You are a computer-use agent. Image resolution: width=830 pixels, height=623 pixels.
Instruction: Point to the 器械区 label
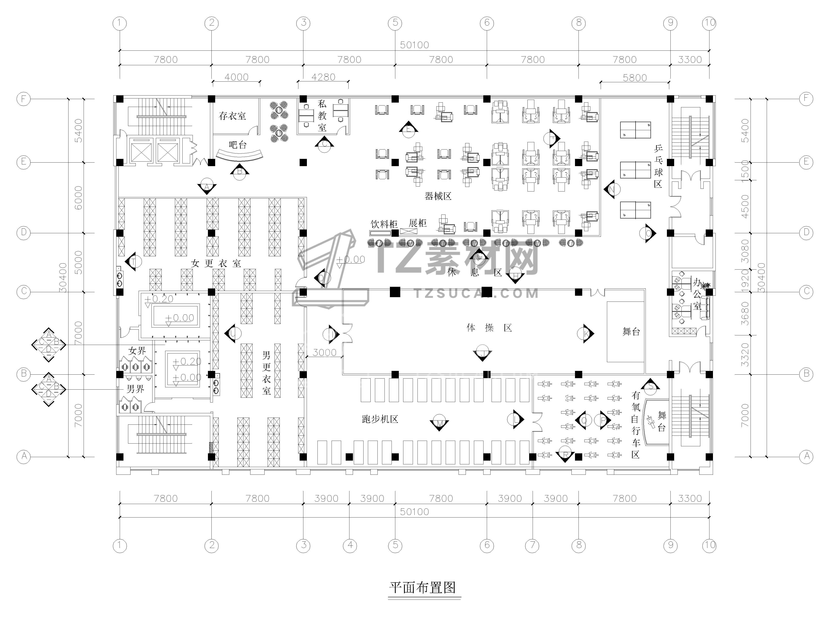(x=438, y=196)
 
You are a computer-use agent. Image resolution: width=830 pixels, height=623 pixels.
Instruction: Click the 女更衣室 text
(x=216, y=264)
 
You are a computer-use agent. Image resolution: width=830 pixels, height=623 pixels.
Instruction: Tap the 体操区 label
(x=489, y=328)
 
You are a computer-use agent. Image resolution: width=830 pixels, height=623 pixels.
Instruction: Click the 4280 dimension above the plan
(x=323, y=77)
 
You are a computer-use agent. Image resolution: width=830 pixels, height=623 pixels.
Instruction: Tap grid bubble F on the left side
(x=23, y=99)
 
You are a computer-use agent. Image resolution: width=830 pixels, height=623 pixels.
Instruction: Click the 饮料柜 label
(x=384, y=224)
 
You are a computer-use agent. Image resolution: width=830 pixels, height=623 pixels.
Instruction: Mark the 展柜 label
(x=418, y=223)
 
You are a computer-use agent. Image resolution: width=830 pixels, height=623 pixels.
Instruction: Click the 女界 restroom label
(x=137, y=351)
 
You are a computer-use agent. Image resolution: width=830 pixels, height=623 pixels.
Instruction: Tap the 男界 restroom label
(x=135, y=389)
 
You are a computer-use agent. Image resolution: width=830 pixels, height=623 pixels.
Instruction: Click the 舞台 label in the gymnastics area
(x=631, y=332)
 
